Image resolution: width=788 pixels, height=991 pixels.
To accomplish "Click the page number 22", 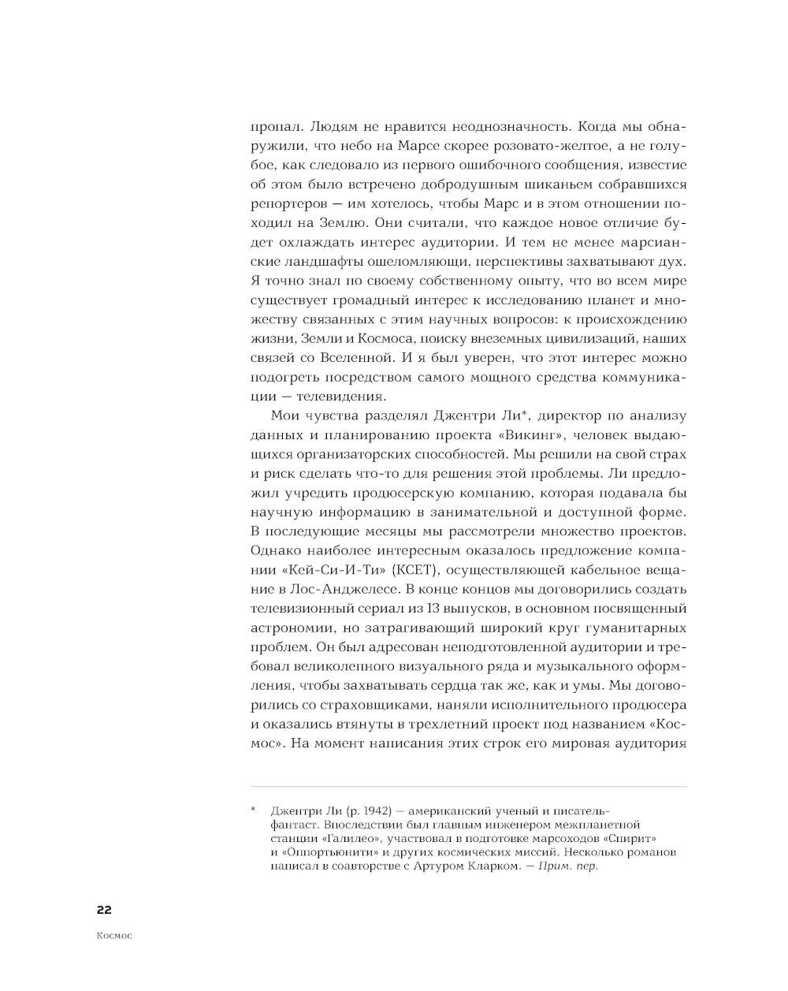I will (x=104, y=910).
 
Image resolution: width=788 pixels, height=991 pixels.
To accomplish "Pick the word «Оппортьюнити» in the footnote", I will (x=325, y=852).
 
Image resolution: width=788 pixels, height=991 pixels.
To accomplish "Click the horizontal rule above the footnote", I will (x=468, y=786).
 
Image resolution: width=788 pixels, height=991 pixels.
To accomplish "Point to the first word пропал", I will (x=276, y=127).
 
